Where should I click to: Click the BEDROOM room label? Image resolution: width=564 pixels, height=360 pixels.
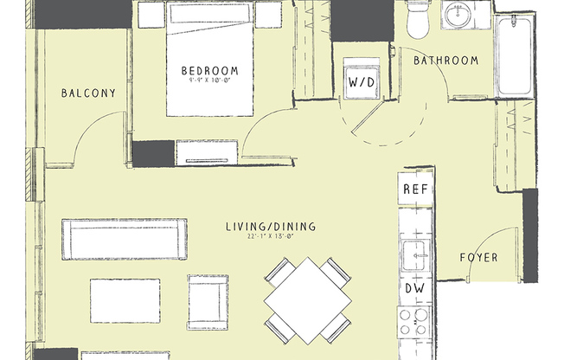click(209, 70)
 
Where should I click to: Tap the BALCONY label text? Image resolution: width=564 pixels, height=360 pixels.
click(88, 93)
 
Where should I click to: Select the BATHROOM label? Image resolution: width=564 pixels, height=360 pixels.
click(445, 61)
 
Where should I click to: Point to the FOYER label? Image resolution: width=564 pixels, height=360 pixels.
click(477, 257)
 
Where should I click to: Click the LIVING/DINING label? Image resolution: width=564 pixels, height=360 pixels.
click(270, 227)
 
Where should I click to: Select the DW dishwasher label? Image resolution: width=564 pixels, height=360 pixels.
click(414, 289)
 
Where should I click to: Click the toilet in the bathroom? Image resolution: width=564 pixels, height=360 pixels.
click(419, 19)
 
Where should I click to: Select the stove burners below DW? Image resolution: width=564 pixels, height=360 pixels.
click(415, 325)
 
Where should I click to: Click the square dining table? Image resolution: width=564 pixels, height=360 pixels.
click(307, 299)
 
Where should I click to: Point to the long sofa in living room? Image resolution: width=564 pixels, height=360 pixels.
click(124, 239)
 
